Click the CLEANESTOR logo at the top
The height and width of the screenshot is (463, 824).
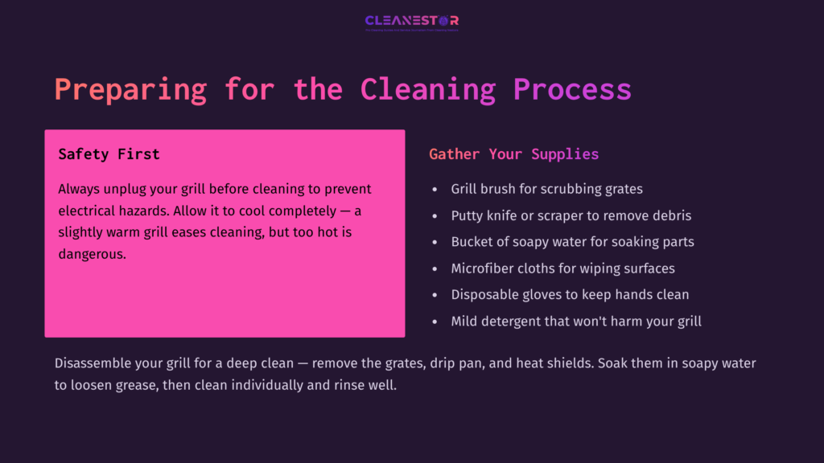411,21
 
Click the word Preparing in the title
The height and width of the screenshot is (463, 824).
130,88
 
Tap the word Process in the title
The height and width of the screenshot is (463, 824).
572,88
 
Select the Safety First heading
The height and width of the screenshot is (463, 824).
109,154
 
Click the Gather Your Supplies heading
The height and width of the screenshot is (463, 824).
513,154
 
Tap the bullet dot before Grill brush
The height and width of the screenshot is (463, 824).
435,190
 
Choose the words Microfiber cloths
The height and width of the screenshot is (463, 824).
504,268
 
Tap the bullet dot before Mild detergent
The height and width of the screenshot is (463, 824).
435,322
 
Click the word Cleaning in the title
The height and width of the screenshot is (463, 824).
427,88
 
